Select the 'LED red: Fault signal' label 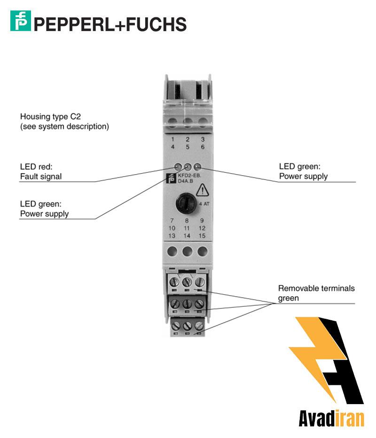point(41,172)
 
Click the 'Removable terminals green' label point(316,292)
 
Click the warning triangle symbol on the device point(202,191)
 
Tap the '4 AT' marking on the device point(203,204)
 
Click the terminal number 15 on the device point(202,235)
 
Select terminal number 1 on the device point(172,139)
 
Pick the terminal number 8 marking point(187,220)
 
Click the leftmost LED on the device point(178,167)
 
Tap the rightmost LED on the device point(197,166)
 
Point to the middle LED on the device point(188,167)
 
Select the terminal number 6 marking point(203,147)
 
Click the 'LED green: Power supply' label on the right point(303,171)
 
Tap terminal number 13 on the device point(172,235)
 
